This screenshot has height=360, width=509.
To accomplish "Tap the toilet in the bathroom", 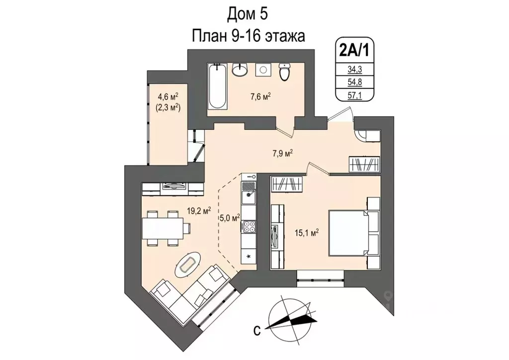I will click(284, 72).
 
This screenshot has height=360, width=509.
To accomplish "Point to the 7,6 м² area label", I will click(260, 97).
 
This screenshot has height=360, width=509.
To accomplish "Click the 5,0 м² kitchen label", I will click(230, 217).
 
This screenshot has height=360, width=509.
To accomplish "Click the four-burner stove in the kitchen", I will click(248, 227).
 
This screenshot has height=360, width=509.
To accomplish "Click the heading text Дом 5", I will click(248, 14).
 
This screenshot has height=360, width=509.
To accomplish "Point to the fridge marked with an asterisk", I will click(248, 256).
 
